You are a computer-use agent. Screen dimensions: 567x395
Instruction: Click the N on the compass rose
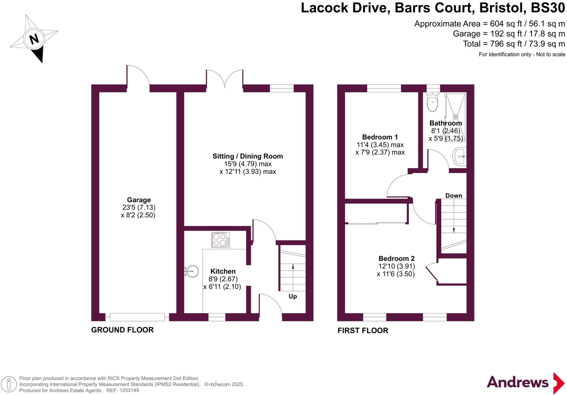coord(34,39)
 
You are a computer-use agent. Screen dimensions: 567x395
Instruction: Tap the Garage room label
coord(139,200)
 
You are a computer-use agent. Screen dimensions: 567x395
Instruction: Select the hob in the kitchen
coord(221,240)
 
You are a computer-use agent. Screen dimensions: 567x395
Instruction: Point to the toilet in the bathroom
coord(432,102)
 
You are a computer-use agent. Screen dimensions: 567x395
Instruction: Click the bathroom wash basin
coord(460,156)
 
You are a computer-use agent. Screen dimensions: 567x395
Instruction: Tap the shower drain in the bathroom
coord(456,117)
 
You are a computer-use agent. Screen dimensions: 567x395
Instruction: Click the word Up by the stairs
coord(293,296)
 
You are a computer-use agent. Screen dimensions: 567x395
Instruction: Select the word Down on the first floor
coord(453,196)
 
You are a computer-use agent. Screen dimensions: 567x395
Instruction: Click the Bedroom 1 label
coord(380,137)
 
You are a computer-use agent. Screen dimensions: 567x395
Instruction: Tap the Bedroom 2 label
coord(396,259)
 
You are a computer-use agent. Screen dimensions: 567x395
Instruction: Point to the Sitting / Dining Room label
coord(248,156)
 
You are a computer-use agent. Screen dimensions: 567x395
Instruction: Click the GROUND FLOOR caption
coord(122,330)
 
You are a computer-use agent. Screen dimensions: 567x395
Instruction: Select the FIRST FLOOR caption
coord(363,331)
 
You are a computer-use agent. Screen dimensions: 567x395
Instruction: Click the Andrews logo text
coord(517,383)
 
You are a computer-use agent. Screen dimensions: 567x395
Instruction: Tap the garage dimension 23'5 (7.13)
coord(139,207)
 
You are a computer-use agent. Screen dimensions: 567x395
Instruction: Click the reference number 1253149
coord(129,391)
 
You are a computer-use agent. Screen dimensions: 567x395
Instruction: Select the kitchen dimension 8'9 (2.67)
coord(223,279)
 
